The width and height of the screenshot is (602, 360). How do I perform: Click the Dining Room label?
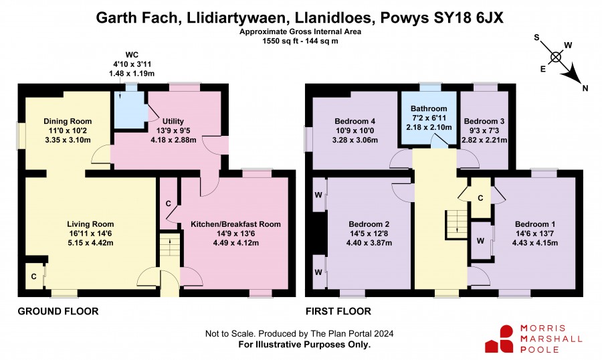68,121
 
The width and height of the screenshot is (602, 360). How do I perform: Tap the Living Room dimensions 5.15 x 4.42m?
90,243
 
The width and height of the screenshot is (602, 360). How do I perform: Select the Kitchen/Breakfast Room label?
235,224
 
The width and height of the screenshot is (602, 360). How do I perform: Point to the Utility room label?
173,121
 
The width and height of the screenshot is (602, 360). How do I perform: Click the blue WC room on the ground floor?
129,110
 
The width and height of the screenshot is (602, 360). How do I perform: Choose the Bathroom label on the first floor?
429,108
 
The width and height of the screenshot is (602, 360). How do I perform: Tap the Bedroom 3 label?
484,121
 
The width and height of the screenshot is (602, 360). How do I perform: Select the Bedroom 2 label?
369,224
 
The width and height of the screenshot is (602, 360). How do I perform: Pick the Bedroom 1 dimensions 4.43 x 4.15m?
535,243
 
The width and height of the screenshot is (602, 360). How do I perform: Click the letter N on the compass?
585,88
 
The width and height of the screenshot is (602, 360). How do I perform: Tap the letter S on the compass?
536,37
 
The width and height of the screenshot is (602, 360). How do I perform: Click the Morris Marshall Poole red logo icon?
500,339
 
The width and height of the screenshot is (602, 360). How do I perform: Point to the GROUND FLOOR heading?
58,311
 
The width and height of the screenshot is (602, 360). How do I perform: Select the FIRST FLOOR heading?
338,311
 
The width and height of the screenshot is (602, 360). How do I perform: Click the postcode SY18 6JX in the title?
468,17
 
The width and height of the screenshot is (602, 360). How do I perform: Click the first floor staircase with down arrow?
456,225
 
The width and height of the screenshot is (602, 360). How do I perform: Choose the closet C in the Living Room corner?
34,276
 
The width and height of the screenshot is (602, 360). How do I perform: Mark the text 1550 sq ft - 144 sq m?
300,41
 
